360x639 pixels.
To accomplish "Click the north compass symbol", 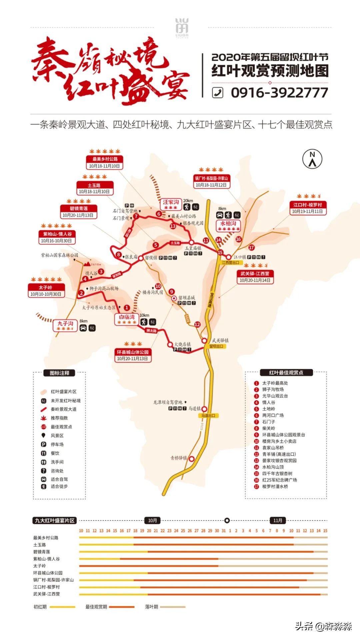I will (x=312, y=159).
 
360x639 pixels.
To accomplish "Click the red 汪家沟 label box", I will (x=171, y=202).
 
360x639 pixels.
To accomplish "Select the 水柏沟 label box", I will (x=228, y=224).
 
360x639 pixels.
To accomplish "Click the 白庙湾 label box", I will (x=127, y=317).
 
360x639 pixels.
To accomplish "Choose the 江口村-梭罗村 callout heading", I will (x=307, y=205).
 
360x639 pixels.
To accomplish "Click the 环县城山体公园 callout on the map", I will (x=132, y=352).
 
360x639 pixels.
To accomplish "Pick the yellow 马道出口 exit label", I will (x=208, y=416).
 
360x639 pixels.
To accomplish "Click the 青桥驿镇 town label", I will (x=179, y=458).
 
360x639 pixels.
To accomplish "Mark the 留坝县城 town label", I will (x=186, y=298).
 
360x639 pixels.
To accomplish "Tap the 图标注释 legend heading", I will (x=59, y=373).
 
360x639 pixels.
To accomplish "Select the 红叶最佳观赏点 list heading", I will (x=286, y=373).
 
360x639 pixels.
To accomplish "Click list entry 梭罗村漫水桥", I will (x=275, y=487).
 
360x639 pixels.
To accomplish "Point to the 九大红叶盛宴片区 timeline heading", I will (x=55, y=520).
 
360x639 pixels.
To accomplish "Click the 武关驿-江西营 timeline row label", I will (x=46, y=594).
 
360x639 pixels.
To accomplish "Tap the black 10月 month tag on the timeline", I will (x=152, y=520).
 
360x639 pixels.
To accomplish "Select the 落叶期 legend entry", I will (x=152, y=607).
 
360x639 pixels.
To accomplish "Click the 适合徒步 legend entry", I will (x=59, y=487).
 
